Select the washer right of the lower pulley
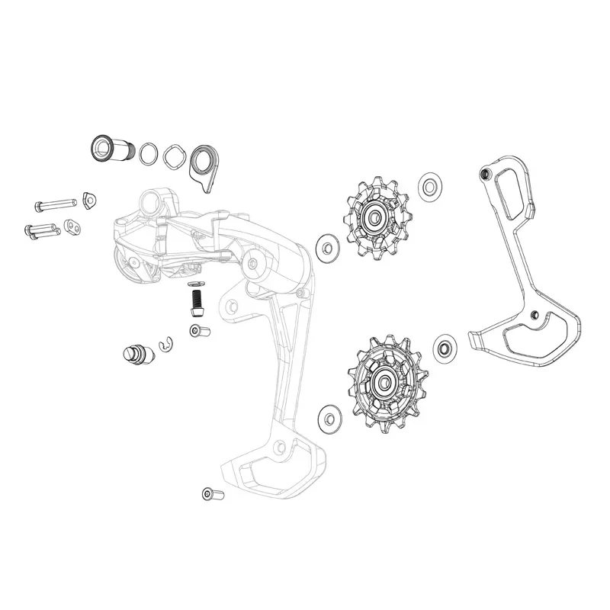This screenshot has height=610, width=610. pos(444,348)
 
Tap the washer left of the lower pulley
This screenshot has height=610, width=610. pos(329,416)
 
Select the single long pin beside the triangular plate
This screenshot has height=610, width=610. pos(53,204)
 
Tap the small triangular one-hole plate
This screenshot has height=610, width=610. pos(90,201)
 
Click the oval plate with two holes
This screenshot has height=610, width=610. pos(72,226)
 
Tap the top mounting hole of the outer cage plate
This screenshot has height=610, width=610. pos(484,174)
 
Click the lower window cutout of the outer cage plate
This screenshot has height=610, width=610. pos(534,335)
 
